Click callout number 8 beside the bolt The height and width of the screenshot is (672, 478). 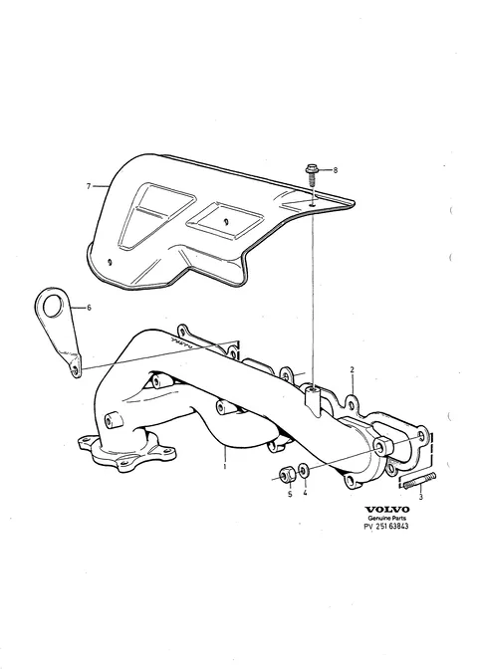(336, 170)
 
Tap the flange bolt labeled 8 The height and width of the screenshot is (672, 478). (312, 175)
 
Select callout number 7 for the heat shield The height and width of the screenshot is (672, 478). (89, 186)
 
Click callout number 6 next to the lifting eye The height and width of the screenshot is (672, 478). (89, 308)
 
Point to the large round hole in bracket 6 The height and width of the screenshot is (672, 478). (53, 304)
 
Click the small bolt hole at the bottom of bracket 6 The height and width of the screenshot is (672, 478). (76, 370)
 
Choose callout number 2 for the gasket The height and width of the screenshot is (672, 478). (352, 369)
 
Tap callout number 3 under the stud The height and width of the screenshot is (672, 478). (420, 497)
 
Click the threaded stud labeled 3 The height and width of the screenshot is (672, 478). (419, 481)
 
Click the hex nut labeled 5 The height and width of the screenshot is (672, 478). (286, 475)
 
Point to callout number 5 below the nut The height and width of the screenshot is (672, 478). (290, 494)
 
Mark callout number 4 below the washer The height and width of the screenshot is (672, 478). (305, 493)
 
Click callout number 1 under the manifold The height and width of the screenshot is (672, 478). (225, 466)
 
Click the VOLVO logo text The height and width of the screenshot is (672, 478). (387, 510)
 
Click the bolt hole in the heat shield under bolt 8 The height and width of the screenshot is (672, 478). (313, 205)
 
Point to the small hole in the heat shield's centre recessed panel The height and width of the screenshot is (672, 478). (226, 221)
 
